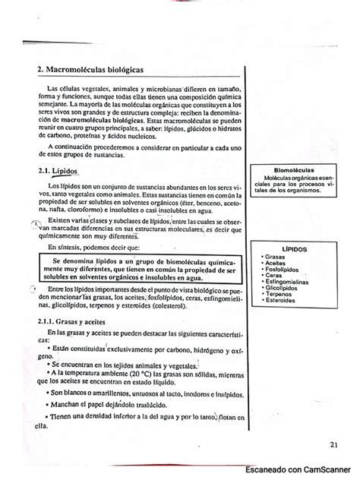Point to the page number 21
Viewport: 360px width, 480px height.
click(335, 445)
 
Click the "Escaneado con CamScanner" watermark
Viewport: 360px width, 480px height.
click(301, 471)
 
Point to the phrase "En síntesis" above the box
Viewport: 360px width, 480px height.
click(65, 247)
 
